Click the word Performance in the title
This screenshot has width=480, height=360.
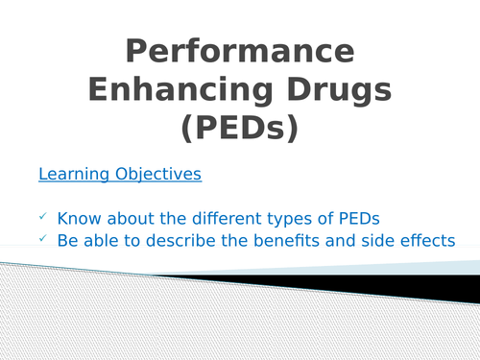tap(240, 50)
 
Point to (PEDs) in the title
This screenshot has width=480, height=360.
tap(240, 129)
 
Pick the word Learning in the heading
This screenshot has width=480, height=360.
tap(70, 175)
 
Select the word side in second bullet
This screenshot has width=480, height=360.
tap(369, 240)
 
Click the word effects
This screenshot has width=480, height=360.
tap(423, 240)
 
